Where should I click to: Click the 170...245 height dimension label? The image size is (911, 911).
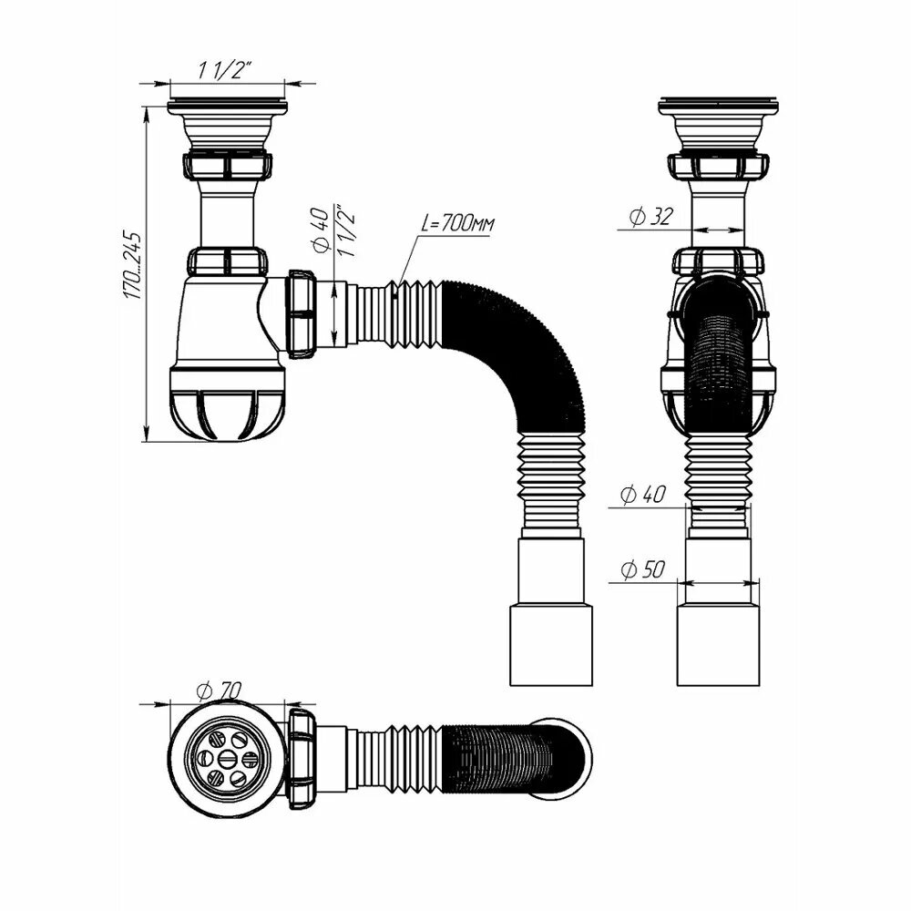(x=132, y=265)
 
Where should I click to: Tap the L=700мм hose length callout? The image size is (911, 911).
(x=458, y=222)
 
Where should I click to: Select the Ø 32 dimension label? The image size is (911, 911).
(x=651, y=217)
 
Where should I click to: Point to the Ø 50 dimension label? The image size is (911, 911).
(x=642, y=569)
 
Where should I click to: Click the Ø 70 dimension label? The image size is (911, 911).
(x=219, y=691)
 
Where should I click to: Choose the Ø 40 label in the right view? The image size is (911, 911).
(x=642, y=495)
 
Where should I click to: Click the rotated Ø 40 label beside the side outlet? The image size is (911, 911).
(x=322, y=230)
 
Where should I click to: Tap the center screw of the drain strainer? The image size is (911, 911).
(x=227, y=758)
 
